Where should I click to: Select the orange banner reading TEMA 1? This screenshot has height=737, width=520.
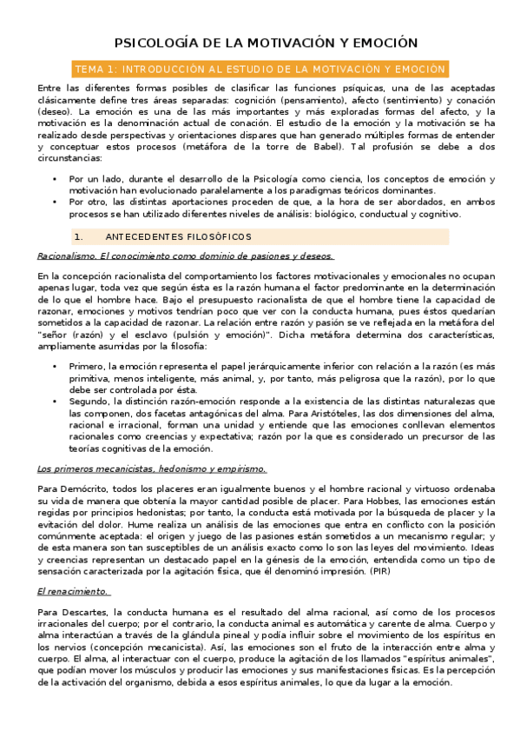(260, 69)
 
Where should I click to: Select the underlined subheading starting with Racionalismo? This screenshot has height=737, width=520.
(186, 256)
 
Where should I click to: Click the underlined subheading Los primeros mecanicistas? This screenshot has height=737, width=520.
(152, 469)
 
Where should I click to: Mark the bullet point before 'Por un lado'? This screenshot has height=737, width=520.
(56, 179)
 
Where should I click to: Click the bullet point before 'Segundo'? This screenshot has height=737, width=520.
(56, 401)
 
